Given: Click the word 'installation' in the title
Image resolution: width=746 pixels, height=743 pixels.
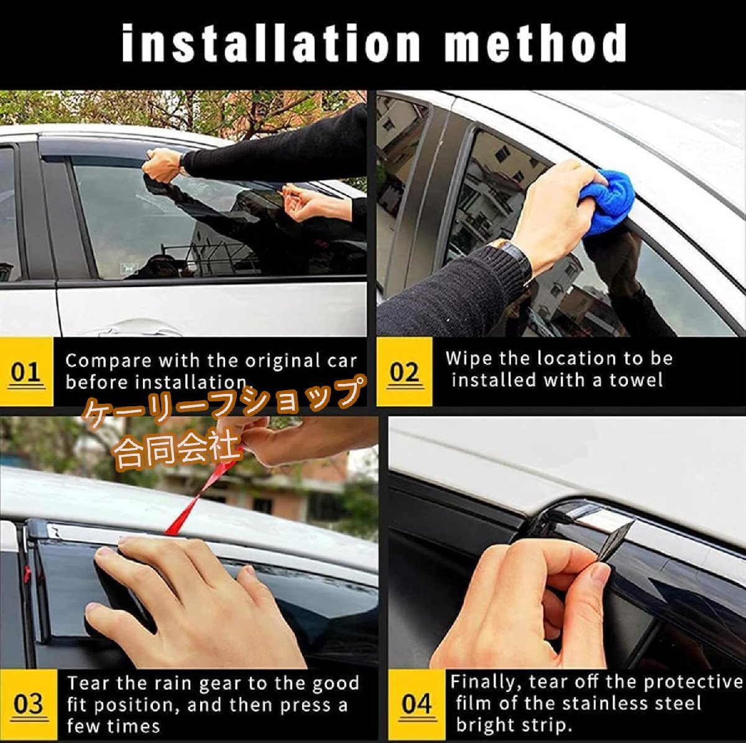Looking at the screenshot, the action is click(x=270, y=43).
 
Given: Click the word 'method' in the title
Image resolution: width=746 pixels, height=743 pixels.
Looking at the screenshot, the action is click(x=535, y=43).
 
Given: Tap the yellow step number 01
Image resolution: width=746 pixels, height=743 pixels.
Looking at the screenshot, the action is click(x=26, y=373).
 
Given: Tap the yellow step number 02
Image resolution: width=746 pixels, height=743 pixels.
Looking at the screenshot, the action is click(x=404, y=373).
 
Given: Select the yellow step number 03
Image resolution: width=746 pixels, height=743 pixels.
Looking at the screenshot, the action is click(x=28, y=704).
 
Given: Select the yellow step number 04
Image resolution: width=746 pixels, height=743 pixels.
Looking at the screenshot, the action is click(x=416, y=704).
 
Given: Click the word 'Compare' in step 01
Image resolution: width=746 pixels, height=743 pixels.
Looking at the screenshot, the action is click(x=109, y=361).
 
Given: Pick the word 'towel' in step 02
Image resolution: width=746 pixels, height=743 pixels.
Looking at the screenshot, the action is click(x=636, y=380).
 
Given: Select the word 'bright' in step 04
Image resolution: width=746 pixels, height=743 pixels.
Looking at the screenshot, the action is click(x=486, y=725).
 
